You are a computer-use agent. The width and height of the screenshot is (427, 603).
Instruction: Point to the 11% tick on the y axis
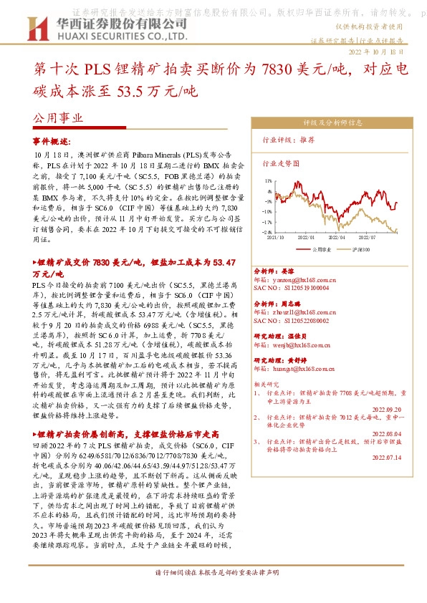[x=268, y=182]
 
